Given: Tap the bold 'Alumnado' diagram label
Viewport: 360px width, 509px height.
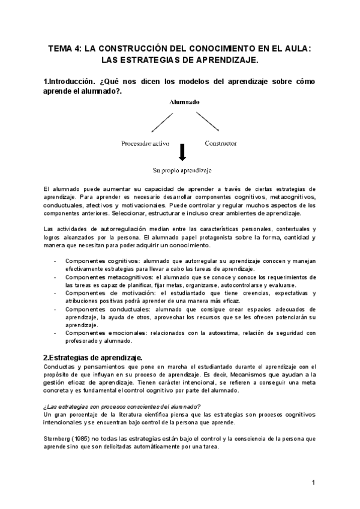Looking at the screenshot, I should pyautogui.click(x=183, y=103).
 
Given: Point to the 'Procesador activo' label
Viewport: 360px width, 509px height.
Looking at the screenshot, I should pyautogui.click(x=145, y=143).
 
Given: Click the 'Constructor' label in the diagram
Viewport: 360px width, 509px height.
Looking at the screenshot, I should pyautogui.click(x=220, y=143).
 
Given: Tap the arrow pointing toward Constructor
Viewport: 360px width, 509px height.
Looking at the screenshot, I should pyautogui.click(x=206, y=124).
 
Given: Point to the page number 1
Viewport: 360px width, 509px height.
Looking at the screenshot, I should pyautogui.click(x=313, y=482).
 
